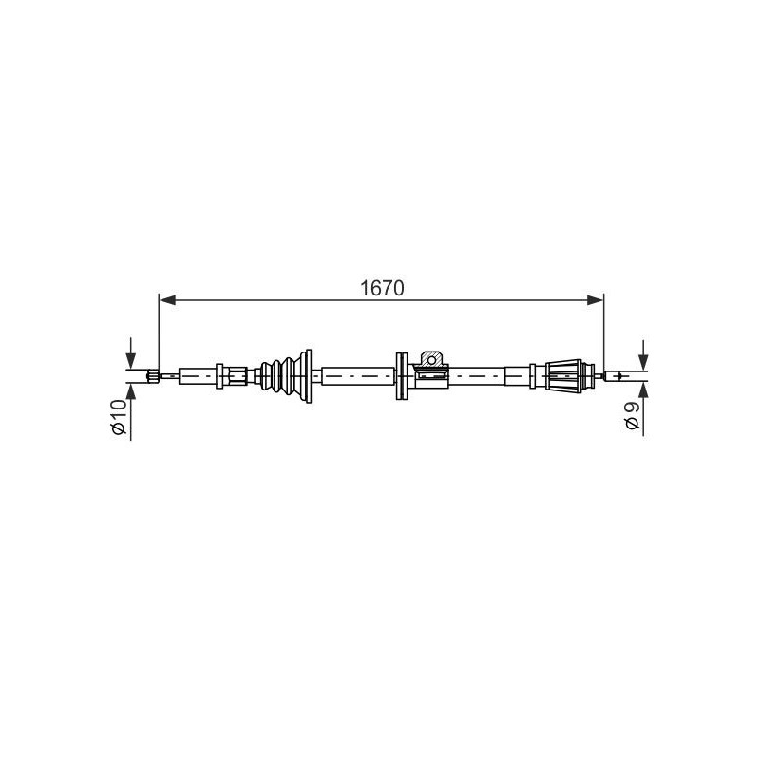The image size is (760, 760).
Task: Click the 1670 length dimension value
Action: (x=382, y=289)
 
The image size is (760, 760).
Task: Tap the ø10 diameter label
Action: (x=119, y=417)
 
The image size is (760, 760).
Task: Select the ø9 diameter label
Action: (x=632, y=416)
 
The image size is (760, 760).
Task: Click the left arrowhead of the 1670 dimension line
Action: (x=167, y=300)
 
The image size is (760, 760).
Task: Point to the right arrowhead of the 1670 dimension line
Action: (x=596, y=300)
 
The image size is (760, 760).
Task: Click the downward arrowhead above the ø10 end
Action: (x=130, y=361)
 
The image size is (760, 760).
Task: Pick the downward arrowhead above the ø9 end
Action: (x=643, y=362)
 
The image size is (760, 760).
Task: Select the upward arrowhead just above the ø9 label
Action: (x=643, y=389)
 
